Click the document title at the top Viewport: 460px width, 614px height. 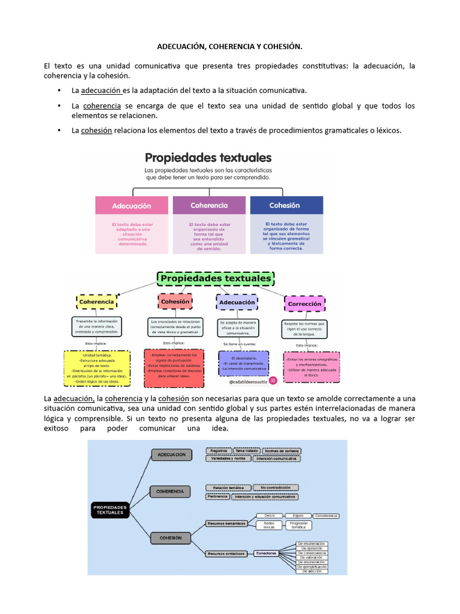230,46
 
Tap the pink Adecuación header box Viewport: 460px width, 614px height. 131,206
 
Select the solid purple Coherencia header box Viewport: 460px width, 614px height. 209,205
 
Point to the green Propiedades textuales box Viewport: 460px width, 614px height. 215,279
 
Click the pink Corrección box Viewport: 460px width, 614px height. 304,303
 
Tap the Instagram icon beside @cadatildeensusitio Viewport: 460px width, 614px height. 273,380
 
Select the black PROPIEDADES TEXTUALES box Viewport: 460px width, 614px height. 111,510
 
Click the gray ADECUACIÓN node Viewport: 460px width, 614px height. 171,455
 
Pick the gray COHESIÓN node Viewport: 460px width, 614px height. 171,538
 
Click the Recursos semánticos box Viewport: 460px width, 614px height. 226,523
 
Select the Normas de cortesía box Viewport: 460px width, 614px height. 280,450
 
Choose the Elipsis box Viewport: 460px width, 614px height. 294,516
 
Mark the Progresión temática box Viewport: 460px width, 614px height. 299,525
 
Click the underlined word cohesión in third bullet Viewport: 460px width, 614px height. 96,130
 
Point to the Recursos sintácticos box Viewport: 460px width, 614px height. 226,553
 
